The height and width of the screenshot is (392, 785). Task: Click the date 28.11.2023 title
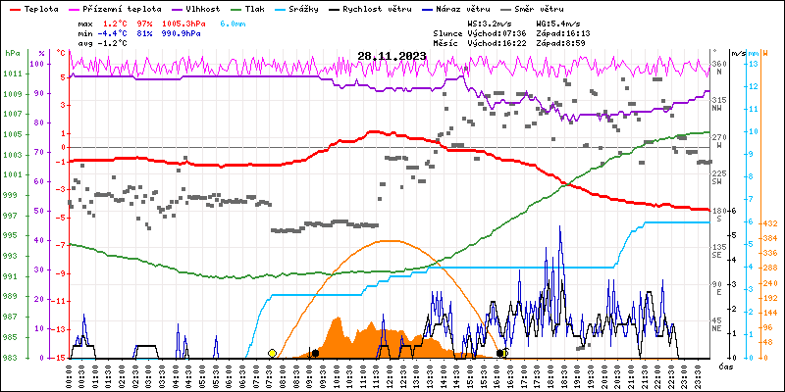(x=392, y=56)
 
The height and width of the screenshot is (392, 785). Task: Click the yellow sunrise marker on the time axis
(x=272, y=353)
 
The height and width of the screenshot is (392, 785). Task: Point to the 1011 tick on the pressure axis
(x=12, y=74)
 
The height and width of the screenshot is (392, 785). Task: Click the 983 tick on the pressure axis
(x=12, y=358)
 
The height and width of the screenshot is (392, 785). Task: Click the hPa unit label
(x=12, y=53)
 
